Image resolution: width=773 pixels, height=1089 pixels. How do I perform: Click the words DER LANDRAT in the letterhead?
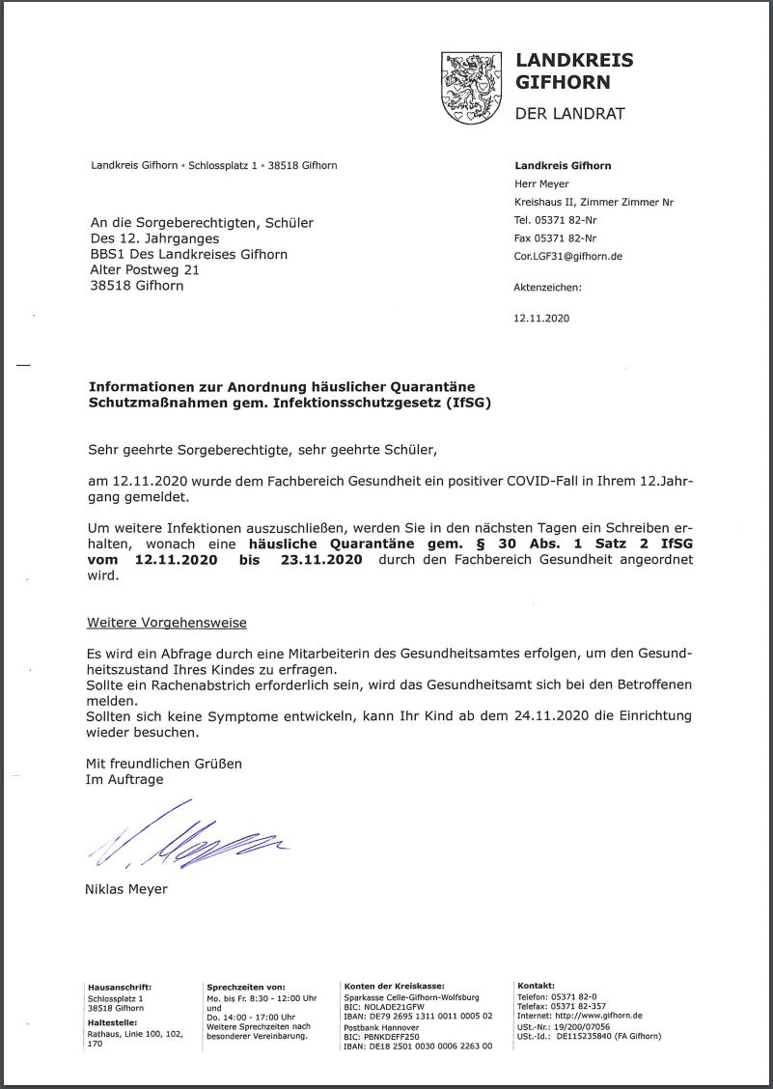click(569, 114)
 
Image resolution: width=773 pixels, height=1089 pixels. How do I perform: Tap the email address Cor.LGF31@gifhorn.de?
click(567, 257)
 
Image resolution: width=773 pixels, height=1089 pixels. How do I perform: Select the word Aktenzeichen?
click(547, 287)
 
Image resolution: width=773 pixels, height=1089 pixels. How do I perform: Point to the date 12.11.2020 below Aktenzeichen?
click(542, 318)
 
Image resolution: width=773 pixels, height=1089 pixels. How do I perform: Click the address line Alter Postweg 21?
click(145, 270)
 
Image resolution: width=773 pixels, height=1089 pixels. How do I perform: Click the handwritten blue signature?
click(188, 837)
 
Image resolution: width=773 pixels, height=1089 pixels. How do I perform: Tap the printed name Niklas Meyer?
click(126, 889)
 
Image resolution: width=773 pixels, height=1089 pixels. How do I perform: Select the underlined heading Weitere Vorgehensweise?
click(167, 623)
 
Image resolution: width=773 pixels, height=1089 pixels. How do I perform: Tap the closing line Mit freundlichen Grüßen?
click(165, 763)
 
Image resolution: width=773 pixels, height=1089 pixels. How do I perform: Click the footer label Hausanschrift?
click(120, 987)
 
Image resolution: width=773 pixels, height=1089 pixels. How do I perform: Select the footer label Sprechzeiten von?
click(246, 987)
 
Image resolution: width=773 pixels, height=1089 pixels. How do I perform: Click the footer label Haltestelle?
click(112, 1021)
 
